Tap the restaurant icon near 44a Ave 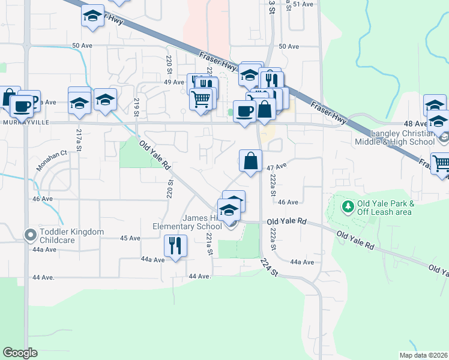175,245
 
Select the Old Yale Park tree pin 347,207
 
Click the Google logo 20,353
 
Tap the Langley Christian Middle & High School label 403,137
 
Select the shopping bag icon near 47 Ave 250,161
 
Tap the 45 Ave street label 130,238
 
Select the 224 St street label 271,268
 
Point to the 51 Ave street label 303,4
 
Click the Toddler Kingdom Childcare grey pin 29,235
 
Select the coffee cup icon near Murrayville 22,106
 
